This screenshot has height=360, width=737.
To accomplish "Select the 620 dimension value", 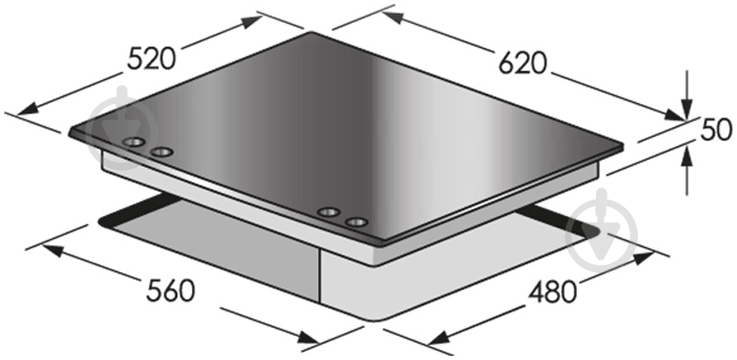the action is [523, 63].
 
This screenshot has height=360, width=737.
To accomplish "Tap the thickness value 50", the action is [717, 130].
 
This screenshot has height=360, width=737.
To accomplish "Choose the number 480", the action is [553, 292].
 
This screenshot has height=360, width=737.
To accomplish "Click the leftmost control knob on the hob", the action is [134, 142].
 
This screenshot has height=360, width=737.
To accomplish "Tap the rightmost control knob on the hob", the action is [356, 221].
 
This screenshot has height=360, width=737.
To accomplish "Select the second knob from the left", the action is [162, 152].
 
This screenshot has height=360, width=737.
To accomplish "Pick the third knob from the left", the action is [329, 212].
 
